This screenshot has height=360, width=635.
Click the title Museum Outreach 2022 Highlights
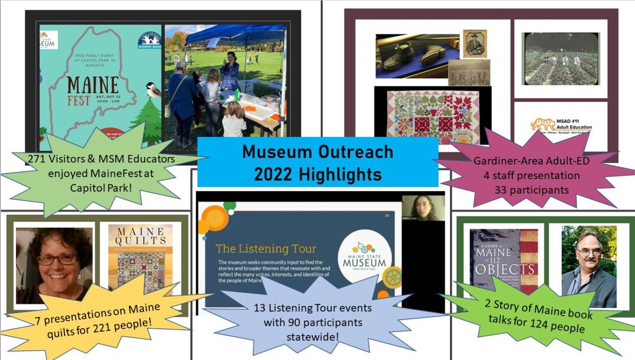point(317,162)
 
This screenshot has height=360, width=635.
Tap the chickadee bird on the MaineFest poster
point(153,89)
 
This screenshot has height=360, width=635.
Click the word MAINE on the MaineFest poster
point(93,85)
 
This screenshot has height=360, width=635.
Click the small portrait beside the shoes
point(474,43)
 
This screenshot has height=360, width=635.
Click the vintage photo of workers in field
point(560,59)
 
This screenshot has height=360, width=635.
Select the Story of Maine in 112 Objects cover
point(503,259)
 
